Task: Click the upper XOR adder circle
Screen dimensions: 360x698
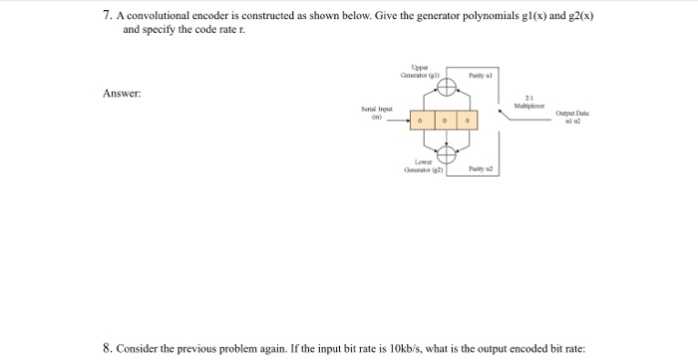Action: (446, 87)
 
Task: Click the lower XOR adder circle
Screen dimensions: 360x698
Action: (446, 154)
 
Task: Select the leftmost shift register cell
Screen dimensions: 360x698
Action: (422, 121)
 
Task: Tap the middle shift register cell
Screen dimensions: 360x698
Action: (446, 121)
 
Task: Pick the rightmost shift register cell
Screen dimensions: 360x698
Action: (469, 121)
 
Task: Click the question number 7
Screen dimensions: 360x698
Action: (106, 17)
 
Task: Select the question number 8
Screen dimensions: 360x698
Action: (107, 348)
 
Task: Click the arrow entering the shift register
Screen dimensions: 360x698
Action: (401, 122)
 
